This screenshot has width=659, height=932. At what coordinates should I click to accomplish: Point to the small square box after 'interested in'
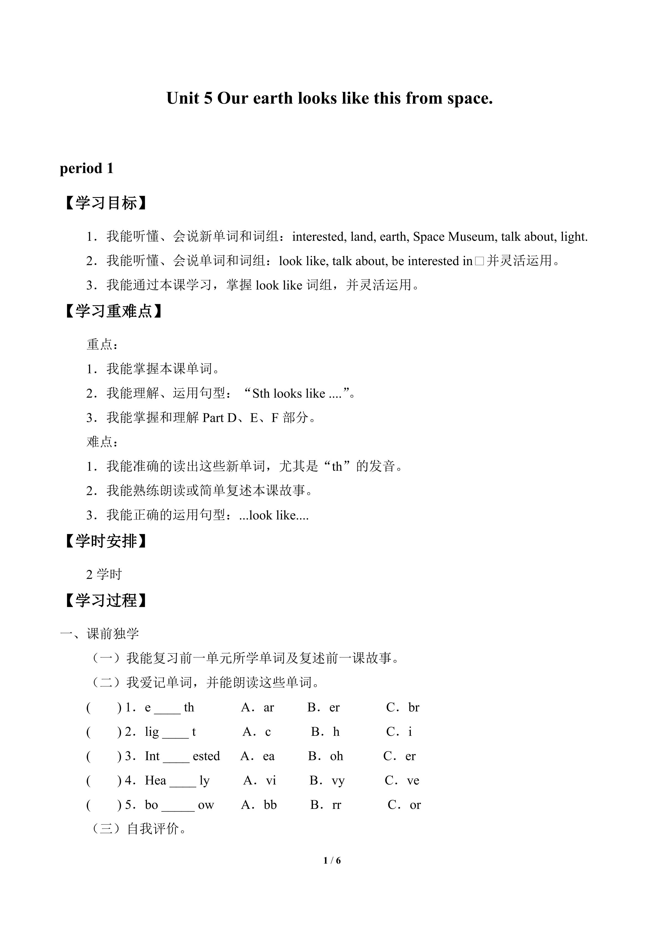point(479,261)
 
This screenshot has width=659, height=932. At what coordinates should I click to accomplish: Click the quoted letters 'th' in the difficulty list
point(337,466)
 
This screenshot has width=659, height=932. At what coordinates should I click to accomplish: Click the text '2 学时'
point(104,574)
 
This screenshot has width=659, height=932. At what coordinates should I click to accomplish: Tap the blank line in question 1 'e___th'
point(167,708)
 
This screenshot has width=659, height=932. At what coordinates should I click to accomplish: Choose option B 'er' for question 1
point(334,708)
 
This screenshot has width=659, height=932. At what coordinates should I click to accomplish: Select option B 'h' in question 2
point(336,732)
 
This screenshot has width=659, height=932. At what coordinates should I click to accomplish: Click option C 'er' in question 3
point(410,756)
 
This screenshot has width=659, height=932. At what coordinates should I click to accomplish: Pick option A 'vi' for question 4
point(271,781)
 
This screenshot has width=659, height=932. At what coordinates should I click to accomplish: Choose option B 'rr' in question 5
point(336,805)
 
